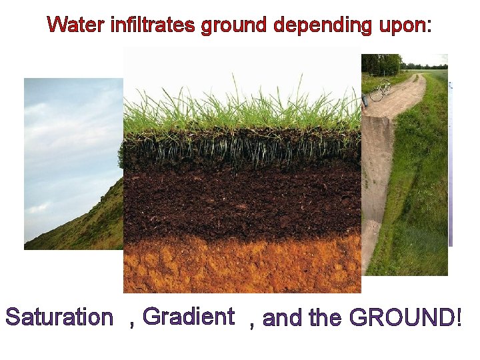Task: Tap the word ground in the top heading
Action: pyautogui.click(x=234, y=27)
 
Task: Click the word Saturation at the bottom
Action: pyautogui.click(x=59, y=317)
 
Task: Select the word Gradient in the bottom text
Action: pyautogui.click(x=189, y=316)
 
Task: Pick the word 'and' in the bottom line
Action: pyautogui.click(x=283, y=319)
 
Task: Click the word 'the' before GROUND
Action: pyautogui.click(x=325, y=319)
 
